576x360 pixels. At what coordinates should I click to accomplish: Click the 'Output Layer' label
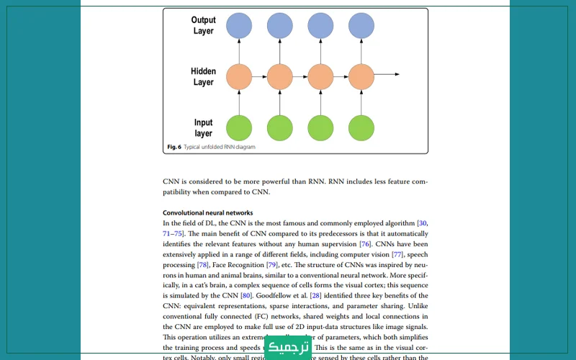pyautogui.click(x=204, y=25)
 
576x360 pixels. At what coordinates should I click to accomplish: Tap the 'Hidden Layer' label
pyautogui.click(x=204, y=76)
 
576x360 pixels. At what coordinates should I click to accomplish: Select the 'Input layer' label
pyautogui.click(x=204, y=128)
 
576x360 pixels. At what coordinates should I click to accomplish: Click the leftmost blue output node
pyautogui.click(x=239, y=26)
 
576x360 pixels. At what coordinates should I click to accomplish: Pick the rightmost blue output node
pyautogui.click(x=361, y=26)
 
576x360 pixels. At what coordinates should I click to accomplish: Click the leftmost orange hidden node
pyautogui.click(x=239, y=75)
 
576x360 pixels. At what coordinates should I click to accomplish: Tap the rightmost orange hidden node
pyautogui.click(x=361, y=75)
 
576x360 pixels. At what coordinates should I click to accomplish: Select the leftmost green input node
pyautogui.click(x=239, y=127)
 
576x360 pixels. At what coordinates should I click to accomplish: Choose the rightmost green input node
pyautogui.click(x=361, y=127)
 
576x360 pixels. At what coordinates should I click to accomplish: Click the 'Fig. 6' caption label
pyautogui.click(x=174, y=147)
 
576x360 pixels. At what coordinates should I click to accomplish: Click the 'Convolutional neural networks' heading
pyautogui.click(x=207, y=213)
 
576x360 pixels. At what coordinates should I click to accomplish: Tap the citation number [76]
pyautogui.click(x=365, y=244)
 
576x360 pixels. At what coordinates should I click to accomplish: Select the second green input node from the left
pyautogui.click(x=280, y=127)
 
